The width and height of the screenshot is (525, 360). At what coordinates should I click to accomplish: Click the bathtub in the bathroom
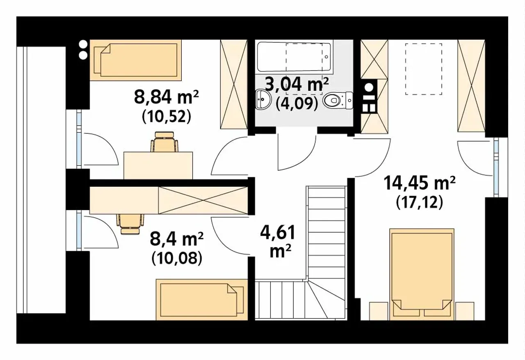(294, 57)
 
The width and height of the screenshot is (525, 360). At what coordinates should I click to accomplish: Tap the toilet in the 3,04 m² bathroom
(338, 101)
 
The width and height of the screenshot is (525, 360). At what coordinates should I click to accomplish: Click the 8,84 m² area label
(167, 97)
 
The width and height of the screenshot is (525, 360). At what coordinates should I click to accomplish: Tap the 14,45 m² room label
(419, 183)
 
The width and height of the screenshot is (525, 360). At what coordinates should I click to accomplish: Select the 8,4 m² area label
(177, 239)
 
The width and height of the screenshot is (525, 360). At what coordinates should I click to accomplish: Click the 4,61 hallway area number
(278, 232)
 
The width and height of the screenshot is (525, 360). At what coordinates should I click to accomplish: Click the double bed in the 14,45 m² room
(422, 274)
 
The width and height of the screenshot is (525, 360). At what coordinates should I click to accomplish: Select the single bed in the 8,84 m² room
(136, 60)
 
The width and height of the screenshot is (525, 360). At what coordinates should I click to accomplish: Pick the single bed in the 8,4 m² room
(202, 300)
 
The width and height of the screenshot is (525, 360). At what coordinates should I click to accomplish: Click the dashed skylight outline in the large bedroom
(424, 69)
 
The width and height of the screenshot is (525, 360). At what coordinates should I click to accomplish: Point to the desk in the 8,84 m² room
(158, 165)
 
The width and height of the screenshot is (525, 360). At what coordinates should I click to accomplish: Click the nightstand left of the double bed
(379, 311)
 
